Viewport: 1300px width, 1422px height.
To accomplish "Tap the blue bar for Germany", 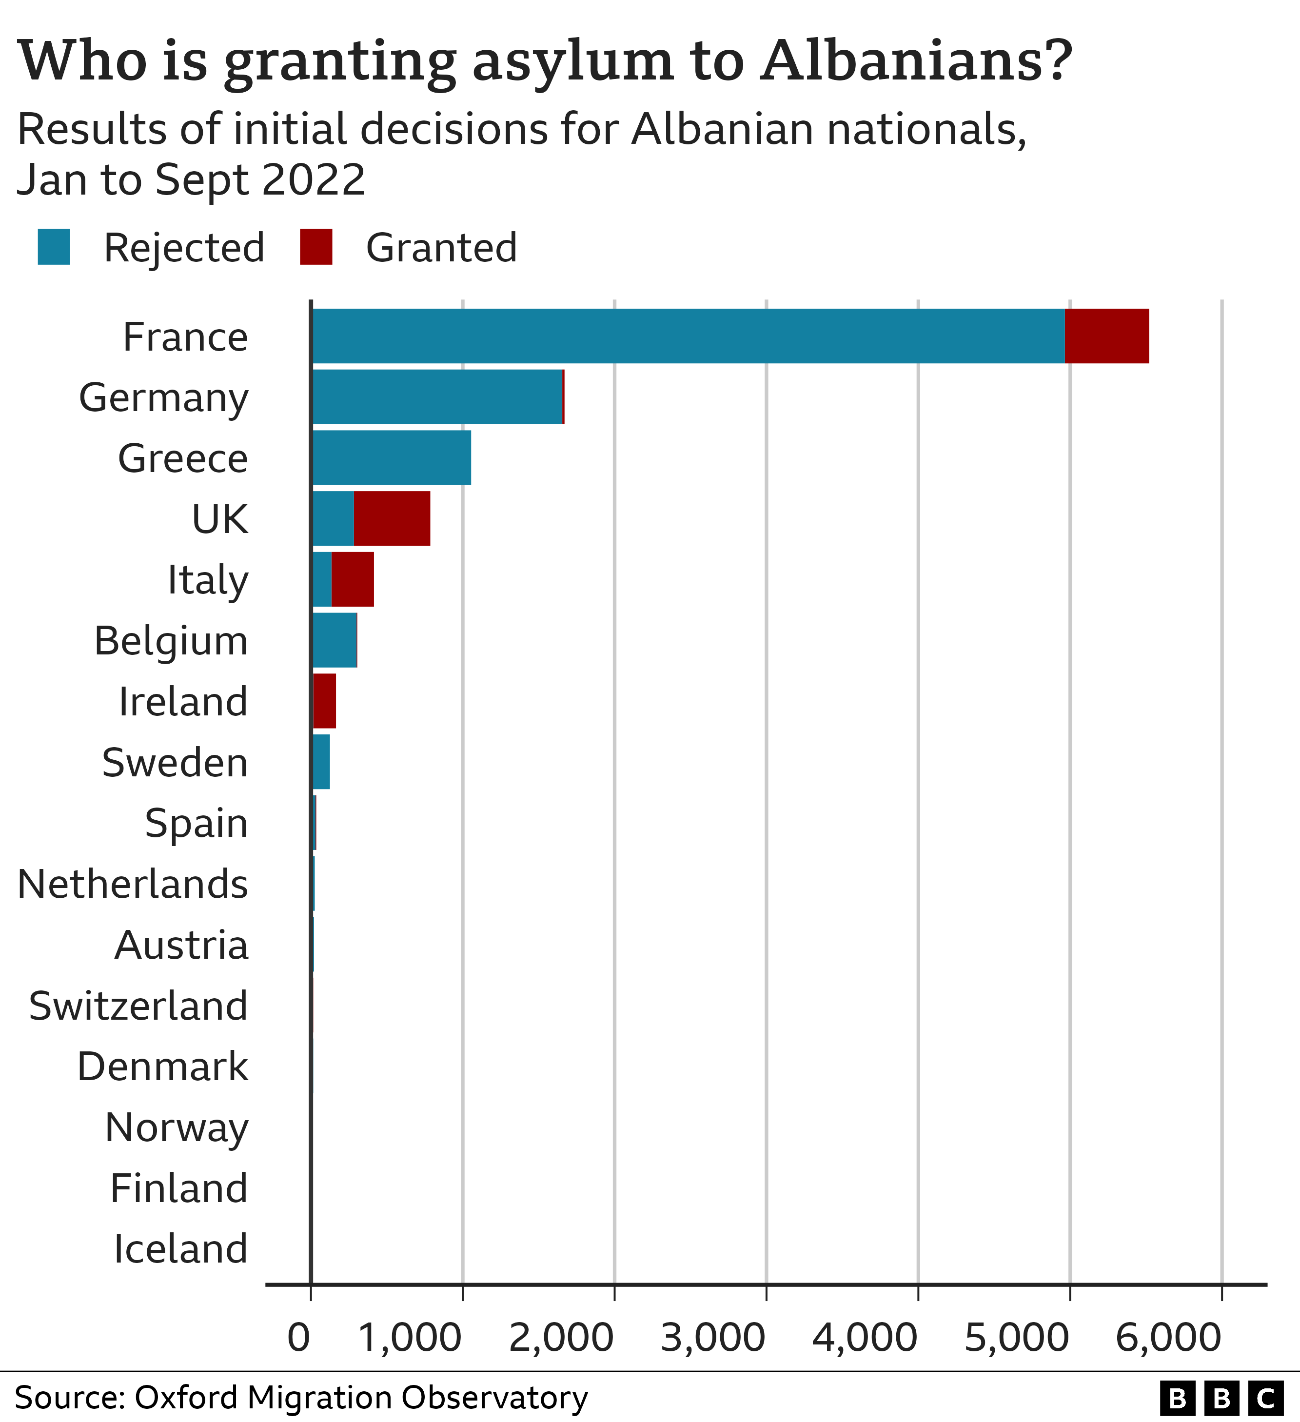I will point(437,396).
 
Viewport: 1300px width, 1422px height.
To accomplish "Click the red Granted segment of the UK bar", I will point(392,518).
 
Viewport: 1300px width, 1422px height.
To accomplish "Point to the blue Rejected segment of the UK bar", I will point(333,518).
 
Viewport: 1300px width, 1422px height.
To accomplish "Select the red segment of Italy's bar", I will point(353,579).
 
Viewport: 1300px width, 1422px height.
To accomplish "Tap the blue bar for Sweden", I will point(321,762).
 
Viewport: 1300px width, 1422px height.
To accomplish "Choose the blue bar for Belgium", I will point(335,640).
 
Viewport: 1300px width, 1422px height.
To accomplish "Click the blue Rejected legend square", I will point(54,247).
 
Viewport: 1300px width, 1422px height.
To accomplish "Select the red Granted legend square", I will point(316,247).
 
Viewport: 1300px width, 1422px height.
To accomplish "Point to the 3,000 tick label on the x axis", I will point(712,1337).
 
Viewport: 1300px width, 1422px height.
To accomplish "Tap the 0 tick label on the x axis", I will point(299,1337).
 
